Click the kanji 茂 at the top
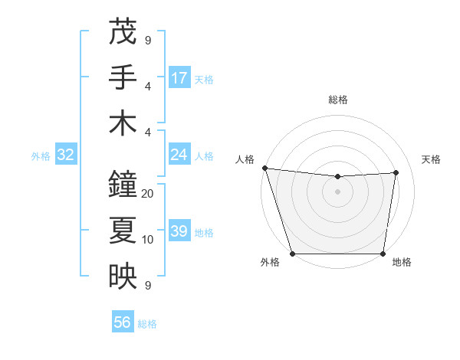pyautogui.click(x=123, y=32)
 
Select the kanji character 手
pyautogui.click(x=123, y=77)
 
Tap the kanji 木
pyautogui.click(x=123, y=123)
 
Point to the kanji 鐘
pyautogui.click(x=123, y=185)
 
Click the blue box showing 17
pyautogui.click(x=179, y=78)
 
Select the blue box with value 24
pyautogui.click(x=179, y=155)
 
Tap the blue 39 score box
pyautogui.click(x=179, y=231)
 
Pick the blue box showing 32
pyautogui.click(x=65, y=155)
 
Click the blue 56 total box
pyautogui.click(x=123, y=322)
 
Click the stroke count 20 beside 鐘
pyautogui.click(x=148, y=194)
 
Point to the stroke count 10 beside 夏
pyautogui.click(x=148, y=240)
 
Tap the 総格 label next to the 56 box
pyautogui.click(x=147, y=324)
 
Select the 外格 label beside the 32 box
pyautogui.click(x=41, y=156)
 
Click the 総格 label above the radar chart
pyautogui.click(x=338, y=100)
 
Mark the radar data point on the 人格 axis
pyautogui.click(x=264, y=168)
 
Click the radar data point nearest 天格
pyautogui.click(x=396, y=172)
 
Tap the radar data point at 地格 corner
pyautogui.click(x=383, y=254)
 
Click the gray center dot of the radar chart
pyautogui.click(x=338, y=191)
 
